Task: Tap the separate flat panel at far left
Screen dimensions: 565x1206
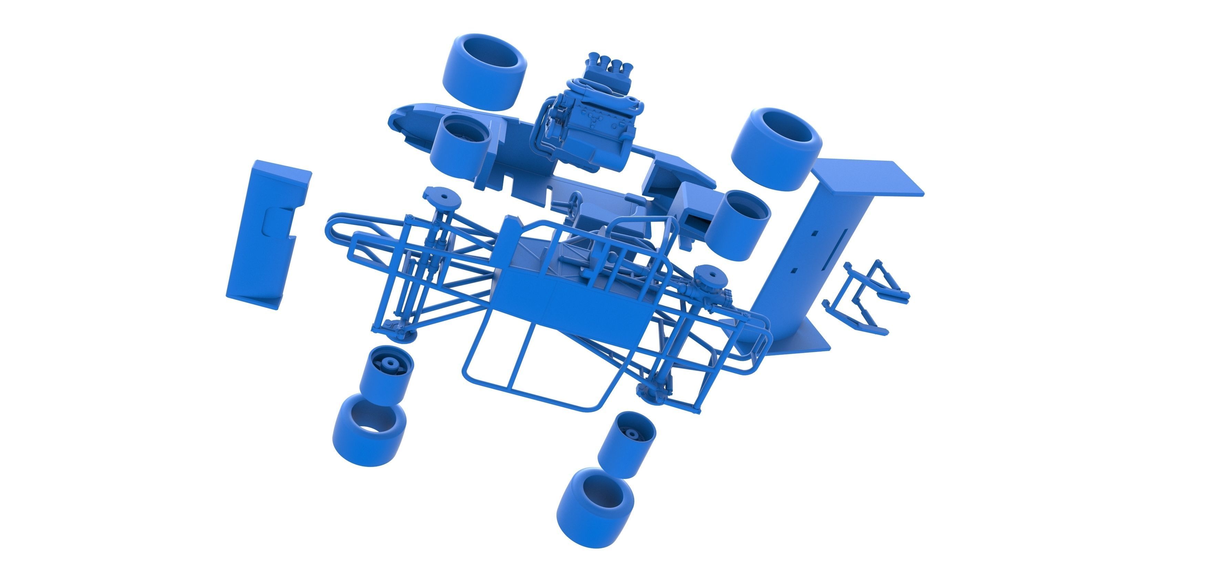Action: click(265, 234)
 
